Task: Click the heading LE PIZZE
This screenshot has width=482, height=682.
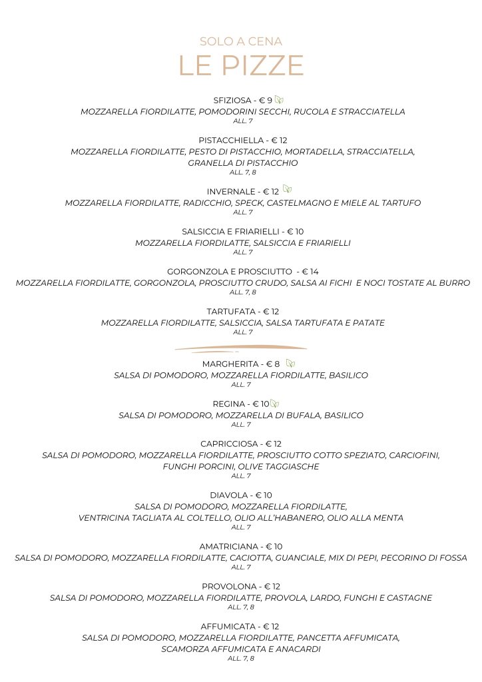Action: (x=241, y=66)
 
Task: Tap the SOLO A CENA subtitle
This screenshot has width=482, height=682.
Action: (x=241, y=41)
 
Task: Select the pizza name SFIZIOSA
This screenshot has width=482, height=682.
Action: (x=232, y=101)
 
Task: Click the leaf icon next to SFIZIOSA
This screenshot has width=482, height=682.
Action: (x=279, y=100)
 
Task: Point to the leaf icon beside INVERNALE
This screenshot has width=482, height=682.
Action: (x=287, y=190)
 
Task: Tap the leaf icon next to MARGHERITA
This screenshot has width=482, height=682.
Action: (x=290, y=363)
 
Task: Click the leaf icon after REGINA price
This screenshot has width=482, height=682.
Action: (x=275, y=404)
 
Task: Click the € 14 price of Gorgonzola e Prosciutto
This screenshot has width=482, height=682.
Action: (x=310, y=272)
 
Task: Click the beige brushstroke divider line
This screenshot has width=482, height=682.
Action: (x=241, y=348)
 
